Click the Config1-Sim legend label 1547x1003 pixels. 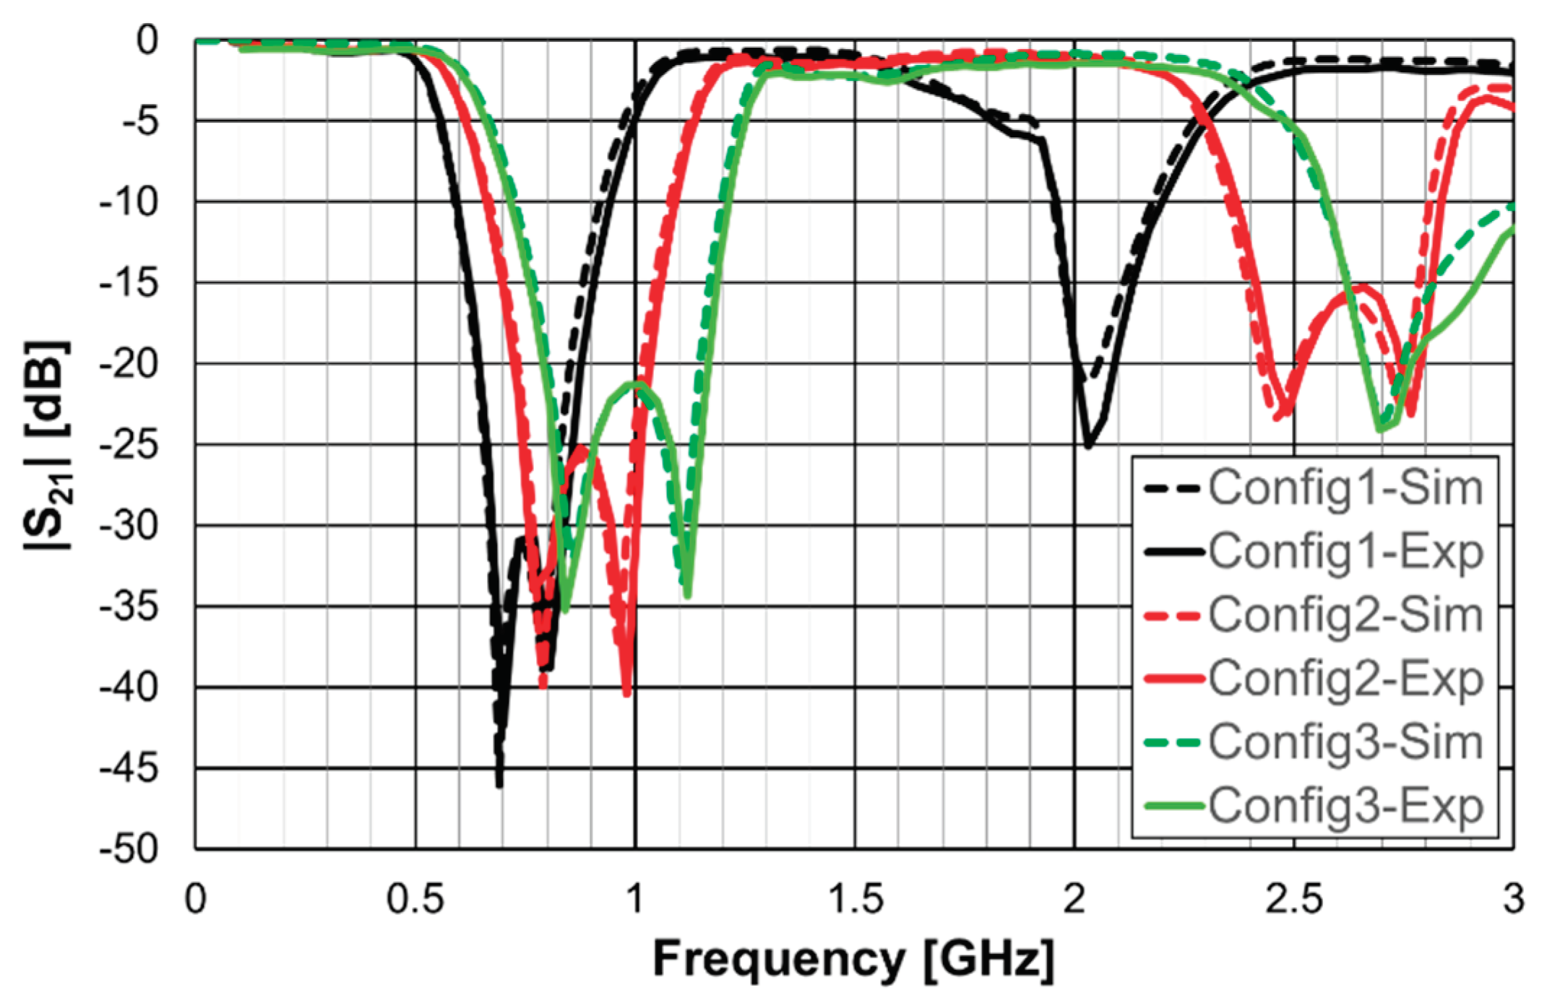click(1345, 488)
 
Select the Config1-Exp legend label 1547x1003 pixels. click(1345, 552)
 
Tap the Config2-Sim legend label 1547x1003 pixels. click(1345, 615)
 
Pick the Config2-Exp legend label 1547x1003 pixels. click(1345, 679)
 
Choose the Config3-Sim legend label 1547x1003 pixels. click(1345, 742)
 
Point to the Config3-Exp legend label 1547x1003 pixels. click(1345, 806)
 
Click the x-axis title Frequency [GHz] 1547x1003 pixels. click(853, 959)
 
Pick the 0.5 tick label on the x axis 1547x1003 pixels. click(415, 900)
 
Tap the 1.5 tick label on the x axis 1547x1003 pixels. click(856, 900)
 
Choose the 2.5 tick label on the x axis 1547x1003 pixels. click(1295, 900)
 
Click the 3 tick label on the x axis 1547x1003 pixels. click(1513, 900)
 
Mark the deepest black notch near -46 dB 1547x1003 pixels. click(499, 784)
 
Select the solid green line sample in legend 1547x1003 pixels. click(1173, 806)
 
